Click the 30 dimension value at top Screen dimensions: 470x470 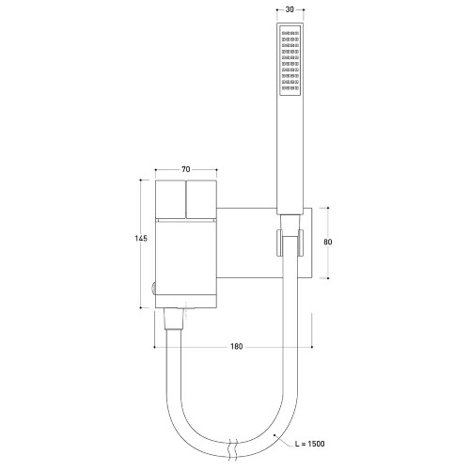(x=290, y=9)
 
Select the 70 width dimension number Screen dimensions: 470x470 (x=186, y=169)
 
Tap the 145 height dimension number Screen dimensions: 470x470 (x=141, y=239)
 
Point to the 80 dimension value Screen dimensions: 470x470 (x=328, y=242)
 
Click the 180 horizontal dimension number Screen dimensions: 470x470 (x=237, y=347)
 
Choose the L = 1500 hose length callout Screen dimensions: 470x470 (x=310, y=444)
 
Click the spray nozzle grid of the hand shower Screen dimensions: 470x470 (x=290, y=60)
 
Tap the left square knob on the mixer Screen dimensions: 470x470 (x=170, y=199)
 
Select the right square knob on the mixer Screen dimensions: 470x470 (x=201, y=199)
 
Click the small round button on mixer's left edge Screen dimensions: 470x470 (x=153, y=289)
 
